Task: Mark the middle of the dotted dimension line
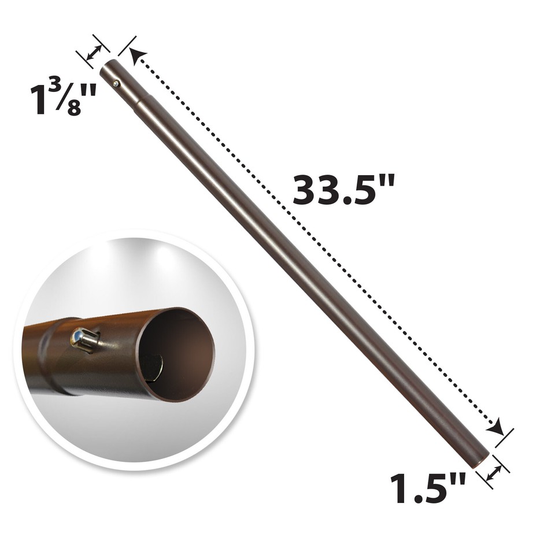[x=315, y=243]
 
